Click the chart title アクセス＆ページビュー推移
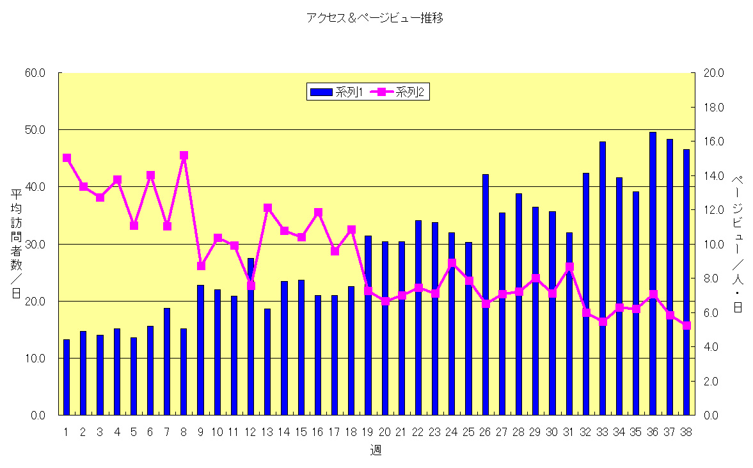(375, 19)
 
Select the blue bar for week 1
(67, 377)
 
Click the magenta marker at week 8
(184, 155)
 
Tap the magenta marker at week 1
(67, 157)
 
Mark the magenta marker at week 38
(686, 325)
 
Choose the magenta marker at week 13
(267, 207)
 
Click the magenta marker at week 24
(452, 262)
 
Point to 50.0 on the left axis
(35, 130)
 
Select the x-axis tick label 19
(368, 432)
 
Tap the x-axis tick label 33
(602, 432)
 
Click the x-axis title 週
(376, 450)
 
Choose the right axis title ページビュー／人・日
(737, 244)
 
